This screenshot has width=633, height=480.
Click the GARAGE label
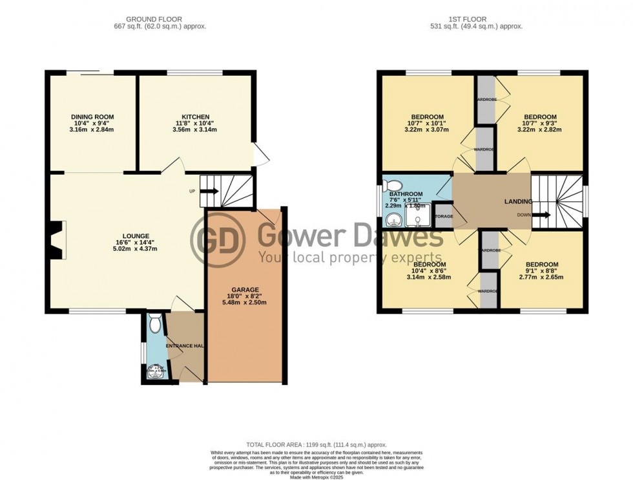pyautogui.click(x=245, y=290)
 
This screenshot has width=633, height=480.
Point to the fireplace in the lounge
pyautogui.click(x=57, y=240)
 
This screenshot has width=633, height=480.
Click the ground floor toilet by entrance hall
pyautogui.click(x=154, y=323)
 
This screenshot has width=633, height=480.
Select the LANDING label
pyautogui.click(x=518, y=201)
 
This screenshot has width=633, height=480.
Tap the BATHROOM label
pyautogui.click(x=406, y=194)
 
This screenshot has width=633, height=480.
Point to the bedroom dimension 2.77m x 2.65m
pyautogui.click(x=541, y=277)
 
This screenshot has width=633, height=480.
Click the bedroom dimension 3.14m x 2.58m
pyautogui.click(x=430, y=277)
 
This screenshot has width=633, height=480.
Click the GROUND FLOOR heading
pyautogui.click(x=154, y=19)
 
